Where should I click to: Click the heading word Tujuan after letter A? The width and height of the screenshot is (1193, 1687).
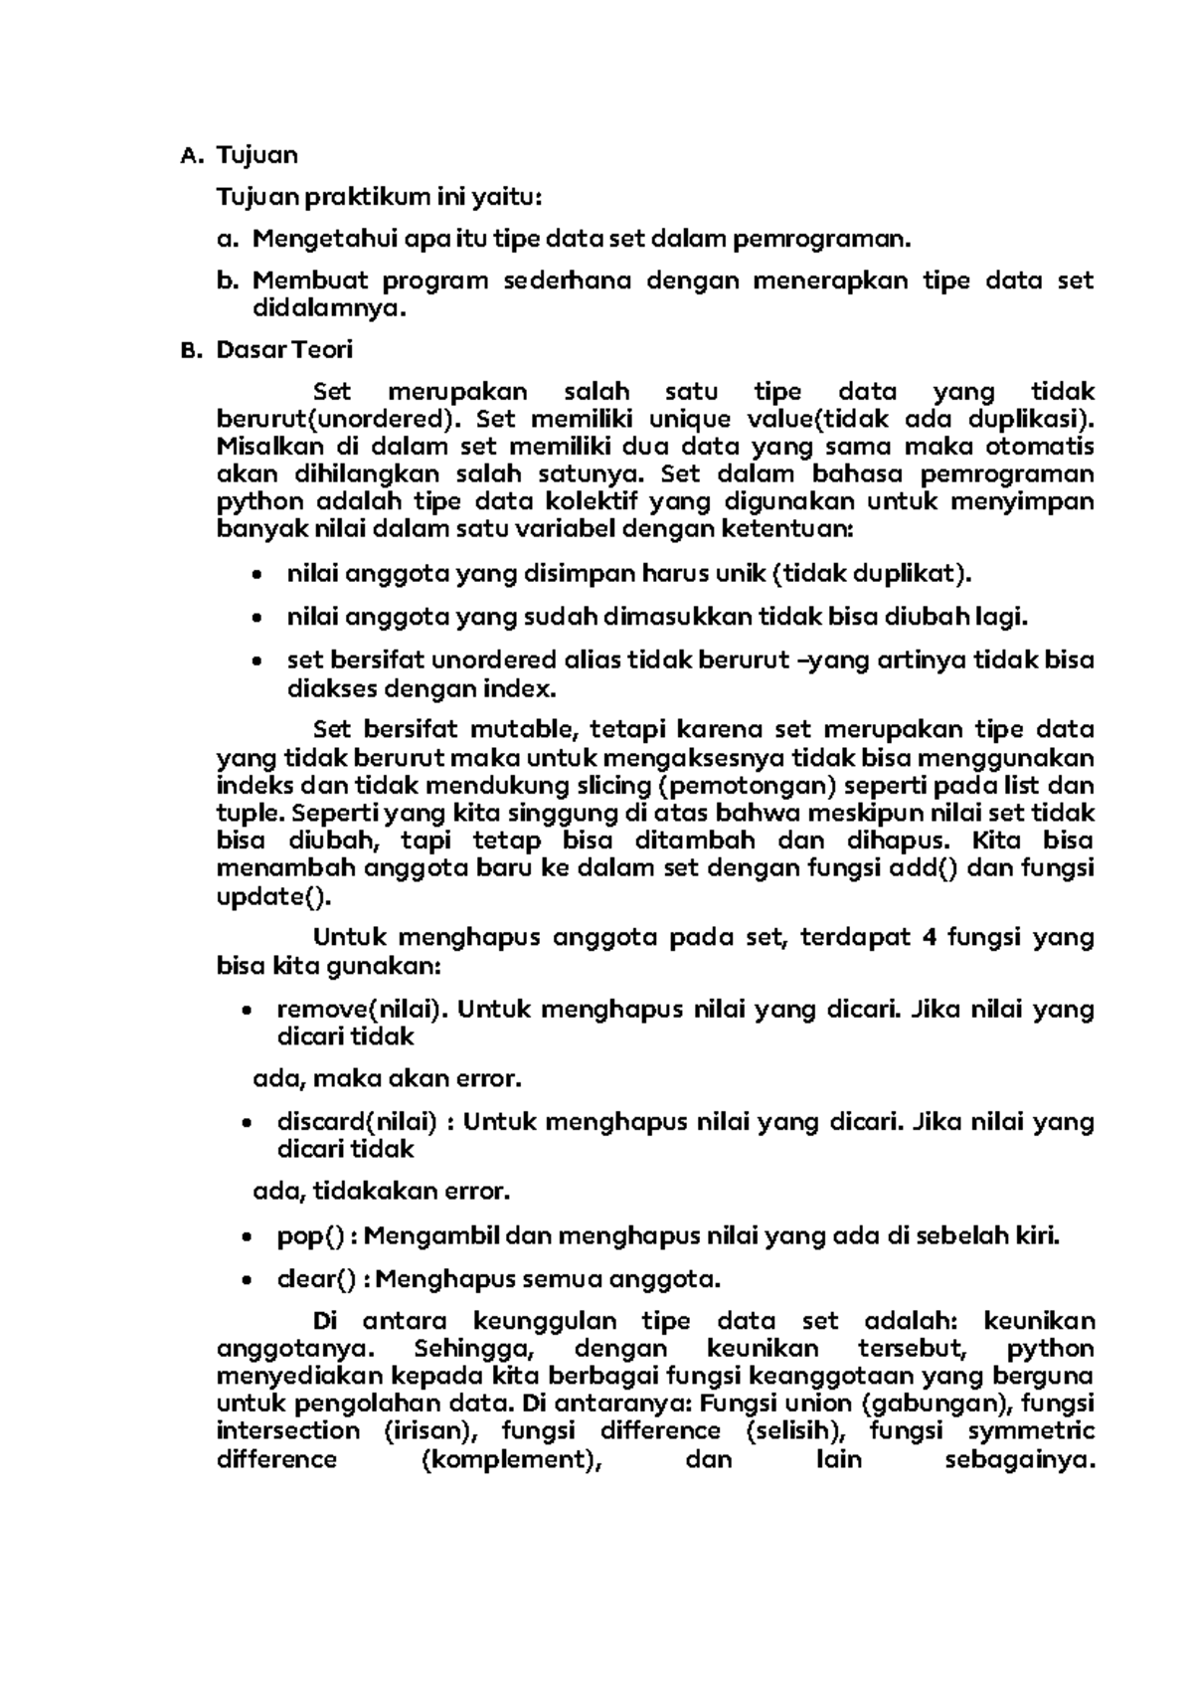tap(256, 155)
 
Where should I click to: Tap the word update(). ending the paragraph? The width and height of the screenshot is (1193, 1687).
tap(272, 896)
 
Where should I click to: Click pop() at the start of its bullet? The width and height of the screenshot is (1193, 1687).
tap(310, 1236)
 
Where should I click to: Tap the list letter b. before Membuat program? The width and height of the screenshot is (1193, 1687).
tap(228, 281)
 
